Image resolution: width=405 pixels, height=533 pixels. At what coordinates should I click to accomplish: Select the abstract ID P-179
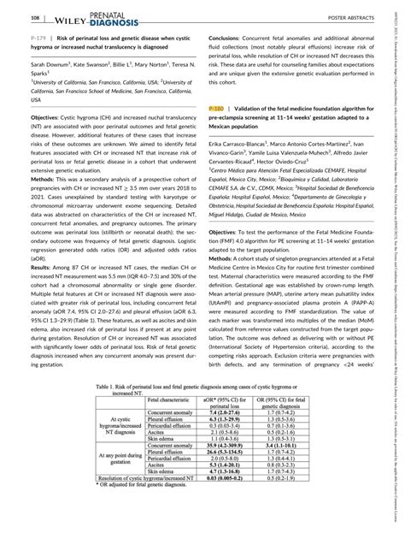point(15,39)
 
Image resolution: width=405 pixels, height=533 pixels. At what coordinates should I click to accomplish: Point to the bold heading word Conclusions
point(226,39)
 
